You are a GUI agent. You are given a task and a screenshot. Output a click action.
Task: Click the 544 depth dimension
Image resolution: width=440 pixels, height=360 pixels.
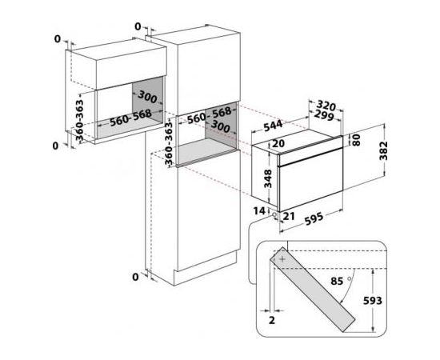point(273,126)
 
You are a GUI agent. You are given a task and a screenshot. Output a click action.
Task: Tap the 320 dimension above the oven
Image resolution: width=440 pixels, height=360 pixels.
point(326,106)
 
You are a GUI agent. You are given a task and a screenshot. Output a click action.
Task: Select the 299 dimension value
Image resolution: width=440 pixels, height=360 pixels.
point(324,115)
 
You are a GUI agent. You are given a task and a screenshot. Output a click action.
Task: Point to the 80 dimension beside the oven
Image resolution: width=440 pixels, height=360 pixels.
point(356,140)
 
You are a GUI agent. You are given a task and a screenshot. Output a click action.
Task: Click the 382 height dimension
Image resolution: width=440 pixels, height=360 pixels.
point(383,150)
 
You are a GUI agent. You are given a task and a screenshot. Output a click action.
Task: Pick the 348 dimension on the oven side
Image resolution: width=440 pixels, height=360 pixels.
point(268,178)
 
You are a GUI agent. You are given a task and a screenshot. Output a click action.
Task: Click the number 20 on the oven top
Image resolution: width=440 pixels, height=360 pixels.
point(278,143)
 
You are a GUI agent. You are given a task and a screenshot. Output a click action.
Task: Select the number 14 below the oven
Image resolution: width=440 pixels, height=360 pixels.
point(259,210)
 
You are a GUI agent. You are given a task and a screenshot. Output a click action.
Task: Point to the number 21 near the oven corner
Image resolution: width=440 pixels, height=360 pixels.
point(289,216)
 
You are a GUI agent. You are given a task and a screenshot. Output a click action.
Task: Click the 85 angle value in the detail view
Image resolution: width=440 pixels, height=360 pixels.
point(337,281)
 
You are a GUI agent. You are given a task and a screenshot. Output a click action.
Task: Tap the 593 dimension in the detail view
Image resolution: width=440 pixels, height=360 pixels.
point(373,301)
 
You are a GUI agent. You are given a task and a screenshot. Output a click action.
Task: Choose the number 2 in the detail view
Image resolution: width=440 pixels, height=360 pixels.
point(272,320)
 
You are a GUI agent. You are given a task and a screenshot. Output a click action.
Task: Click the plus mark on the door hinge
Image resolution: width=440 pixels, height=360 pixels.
point(282,259)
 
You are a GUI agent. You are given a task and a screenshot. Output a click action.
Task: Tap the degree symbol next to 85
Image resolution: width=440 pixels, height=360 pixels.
point(350,278)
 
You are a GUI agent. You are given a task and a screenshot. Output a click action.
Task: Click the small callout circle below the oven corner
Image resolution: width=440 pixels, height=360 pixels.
point(274,214)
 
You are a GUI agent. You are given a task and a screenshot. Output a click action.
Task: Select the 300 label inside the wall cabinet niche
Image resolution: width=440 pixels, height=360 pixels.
point(148,97)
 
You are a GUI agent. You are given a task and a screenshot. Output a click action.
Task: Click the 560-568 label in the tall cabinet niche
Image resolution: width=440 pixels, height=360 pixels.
point(210,115)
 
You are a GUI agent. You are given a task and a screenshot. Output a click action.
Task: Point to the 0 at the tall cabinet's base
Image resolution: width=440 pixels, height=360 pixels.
point(135,278)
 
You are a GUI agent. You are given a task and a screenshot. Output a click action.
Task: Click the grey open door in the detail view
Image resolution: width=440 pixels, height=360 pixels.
point(313,290)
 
